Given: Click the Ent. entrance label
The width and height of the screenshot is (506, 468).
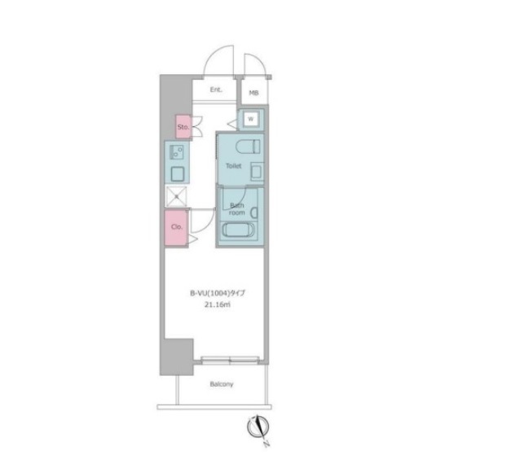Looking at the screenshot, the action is [x=216, y=90].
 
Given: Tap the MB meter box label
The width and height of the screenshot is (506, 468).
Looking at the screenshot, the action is [x=253, y=93].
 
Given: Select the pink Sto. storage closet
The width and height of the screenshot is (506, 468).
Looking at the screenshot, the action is [x=183, y=127].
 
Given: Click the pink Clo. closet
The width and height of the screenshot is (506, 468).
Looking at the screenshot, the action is [x=176, y=227].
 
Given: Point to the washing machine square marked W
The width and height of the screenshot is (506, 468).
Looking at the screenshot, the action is [x=251, y=119].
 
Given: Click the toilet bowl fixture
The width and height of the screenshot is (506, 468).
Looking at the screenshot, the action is [x=248, y=147].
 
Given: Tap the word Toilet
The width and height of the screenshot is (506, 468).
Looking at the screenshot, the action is [x=233, y=166].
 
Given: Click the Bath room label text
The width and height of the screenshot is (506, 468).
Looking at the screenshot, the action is [x=237, y=209].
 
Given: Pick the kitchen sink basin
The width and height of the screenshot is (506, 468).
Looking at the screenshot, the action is [x=178, y=174].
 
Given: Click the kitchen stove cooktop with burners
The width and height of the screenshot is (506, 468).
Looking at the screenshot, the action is [x=176, y=152].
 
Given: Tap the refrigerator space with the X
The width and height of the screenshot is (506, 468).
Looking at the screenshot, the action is [x=176, y=196].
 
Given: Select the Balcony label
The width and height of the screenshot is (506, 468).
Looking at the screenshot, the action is [x=222, y=384].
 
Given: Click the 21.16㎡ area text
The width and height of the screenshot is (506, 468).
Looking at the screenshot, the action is [x=218, y=304].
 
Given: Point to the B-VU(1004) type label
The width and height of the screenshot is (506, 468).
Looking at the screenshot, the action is [x=217, y=293].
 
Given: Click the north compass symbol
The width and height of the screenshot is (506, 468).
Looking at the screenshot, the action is [x=258, y=427].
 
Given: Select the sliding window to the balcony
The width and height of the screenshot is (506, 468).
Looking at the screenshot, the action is [x=230, y=360].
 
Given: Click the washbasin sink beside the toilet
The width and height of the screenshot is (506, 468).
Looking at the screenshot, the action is [x=257, y=170].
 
